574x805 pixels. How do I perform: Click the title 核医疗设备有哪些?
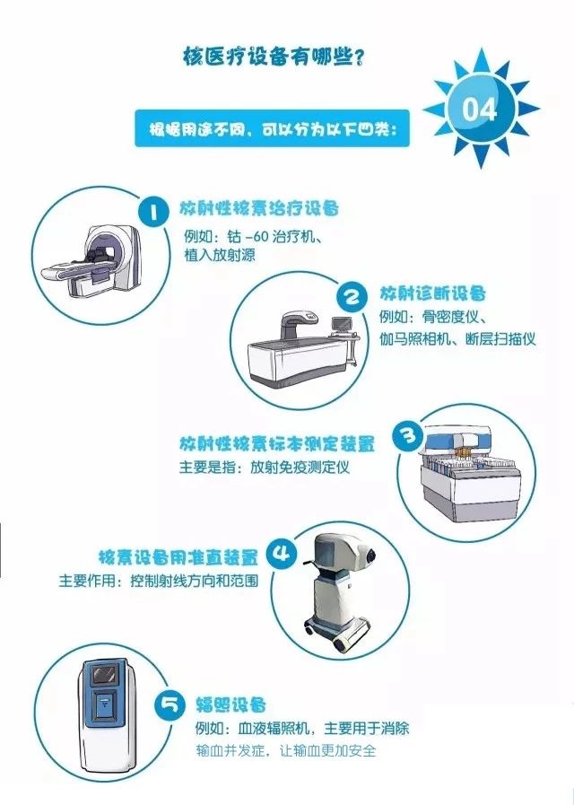point(274,56)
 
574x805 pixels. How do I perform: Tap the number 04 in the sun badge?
point(480,109)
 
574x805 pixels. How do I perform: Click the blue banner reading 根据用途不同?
point(273,128)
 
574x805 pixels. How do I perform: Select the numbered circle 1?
point(153,212)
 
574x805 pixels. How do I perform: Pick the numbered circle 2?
point(352,297)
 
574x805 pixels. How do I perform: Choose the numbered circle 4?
point(282,554)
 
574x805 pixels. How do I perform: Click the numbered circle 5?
point(170,704)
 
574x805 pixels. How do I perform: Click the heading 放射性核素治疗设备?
point(259,209)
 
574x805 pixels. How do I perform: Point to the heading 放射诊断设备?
point(432,293)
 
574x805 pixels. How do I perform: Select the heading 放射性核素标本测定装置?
point(277,444)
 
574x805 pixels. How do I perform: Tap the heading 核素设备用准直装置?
point(178,557)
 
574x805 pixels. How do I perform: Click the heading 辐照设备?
point(230,704)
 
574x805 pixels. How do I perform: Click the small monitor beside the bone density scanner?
point(341,325)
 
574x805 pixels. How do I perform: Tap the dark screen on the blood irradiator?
point(105,675)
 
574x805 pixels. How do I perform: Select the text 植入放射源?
point(220,255)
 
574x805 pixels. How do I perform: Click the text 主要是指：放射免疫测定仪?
point(265,468)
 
